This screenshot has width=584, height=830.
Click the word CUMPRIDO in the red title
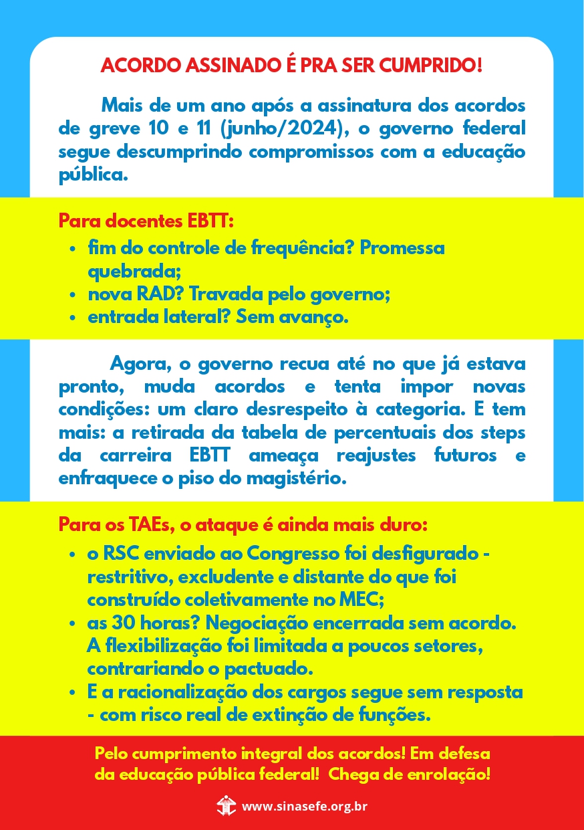(x=431, y=66)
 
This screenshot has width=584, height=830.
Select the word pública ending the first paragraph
(x=90, y=175)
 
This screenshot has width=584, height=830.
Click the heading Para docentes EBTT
(x=146, y=220)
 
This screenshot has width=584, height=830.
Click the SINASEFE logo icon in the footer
(x=227, y=805)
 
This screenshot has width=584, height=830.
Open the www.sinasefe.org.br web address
(x=304, y=806)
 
